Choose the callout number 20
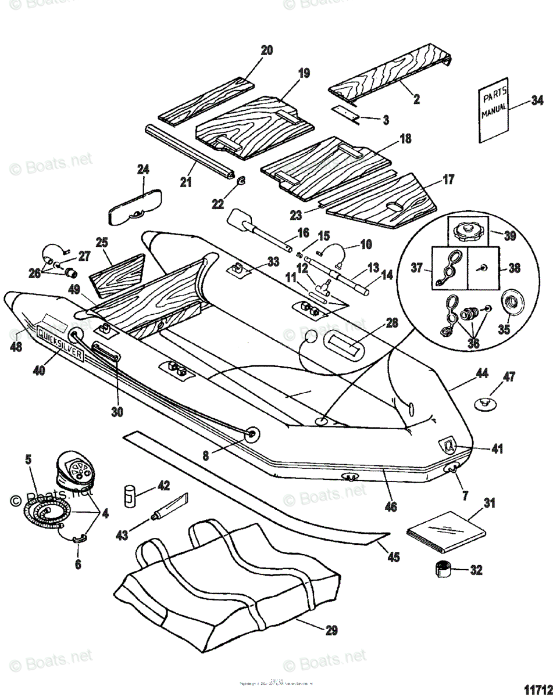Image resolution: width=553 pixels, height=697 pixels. (266, 51)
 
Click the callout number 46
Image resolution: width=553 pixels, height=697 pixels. (391, 506)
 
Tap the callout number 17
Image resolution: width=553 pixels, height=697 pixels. (449, 179)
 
